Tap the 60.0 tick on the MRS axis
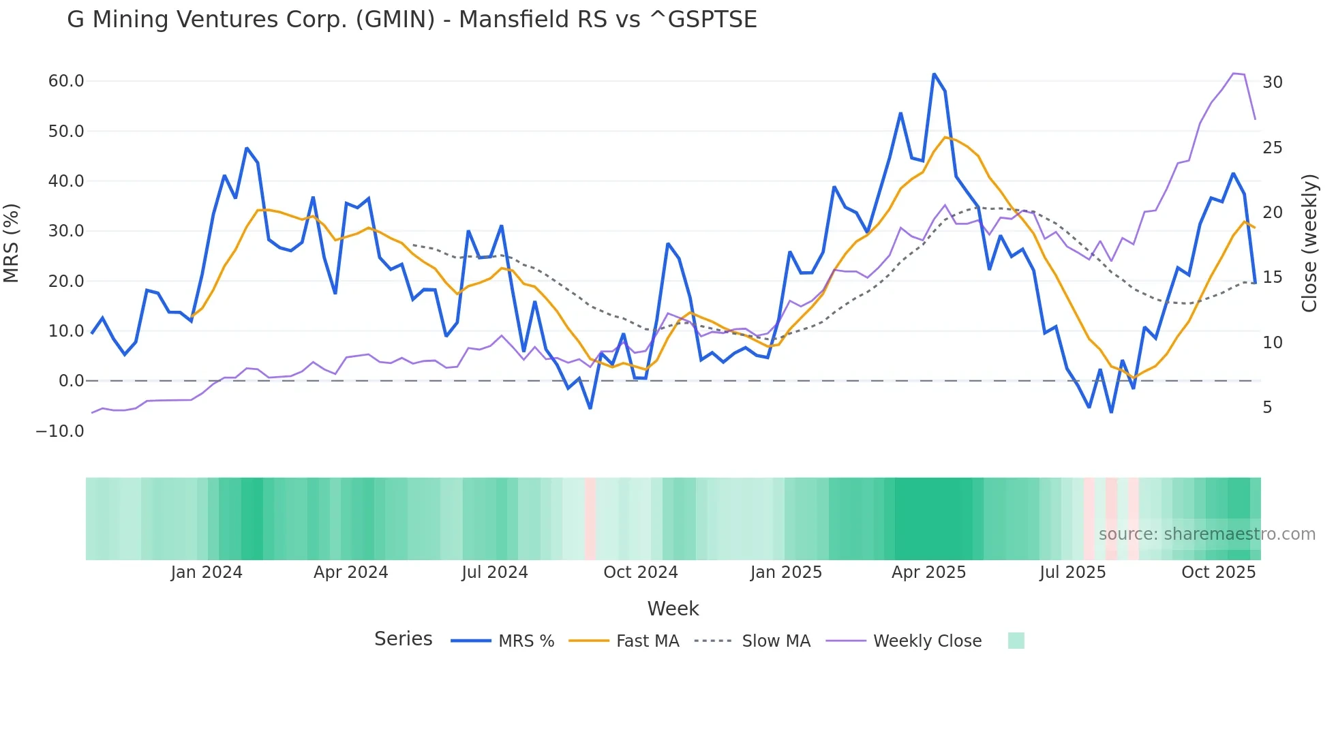tap(66, 81)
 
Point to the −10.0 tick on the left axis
tap(60, 431)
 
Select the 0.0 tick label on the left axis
tap(71, 381)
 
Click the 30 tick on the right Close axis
tap(1272, 82)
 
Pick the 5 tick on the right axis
tap(1267, 408)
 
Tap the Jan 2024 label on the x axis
tap(207, 572)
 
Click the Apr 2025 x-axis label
tap(928, 572)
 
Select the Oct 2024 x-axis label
tap(640, 572)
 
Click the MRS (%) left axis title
tap(12, 243)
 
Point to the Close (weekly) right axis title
tap(1309, 243)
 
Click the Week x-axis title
tap(673, 609)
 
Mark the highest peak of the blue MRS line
tap(934, 74)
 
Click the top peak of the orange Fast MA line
tap(945, 138)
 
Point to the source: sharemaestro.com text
tap(1206, 534)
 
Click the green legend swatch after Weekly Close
tap(1016, 641)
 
